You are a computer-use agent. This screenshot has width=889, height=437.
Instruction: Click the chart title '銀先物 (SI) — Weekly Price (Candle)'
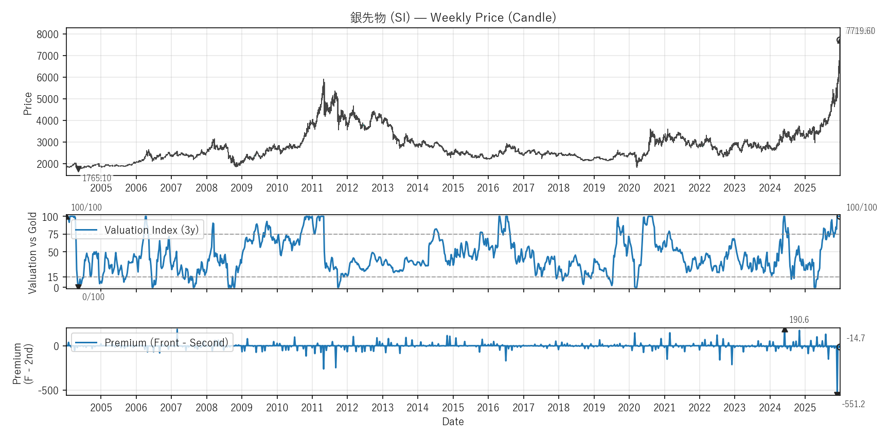tap(453, 18)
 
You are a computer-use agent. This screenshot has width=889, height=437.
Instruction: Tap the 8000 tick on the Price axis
tap(48, 34)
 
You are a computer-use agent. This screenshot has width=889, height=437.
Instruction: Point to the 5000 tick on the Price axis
tap(48, 99)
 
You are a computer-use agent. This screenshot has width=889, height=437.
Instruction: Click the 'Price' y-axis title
tap(28, 103)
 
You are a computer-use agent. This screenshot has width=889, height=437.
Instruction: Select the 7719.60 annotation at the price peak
tap(860, 31)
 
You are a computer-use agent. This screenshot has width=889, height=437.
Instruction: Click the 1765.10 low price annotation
tap(97, 178)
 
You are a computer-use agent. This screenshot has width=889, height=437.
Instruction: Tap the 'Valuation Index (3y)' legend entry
tap(151, 230)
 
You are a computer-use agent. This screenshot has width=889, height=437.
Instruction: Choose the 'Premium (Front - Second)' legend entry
tap(166, 343)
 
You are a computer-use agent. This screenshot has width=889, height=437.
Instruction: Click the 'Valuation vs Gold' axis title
tap(32, 253)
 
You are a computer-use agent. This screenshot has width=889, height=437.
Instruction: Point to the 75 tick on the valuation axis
tap(53, 235)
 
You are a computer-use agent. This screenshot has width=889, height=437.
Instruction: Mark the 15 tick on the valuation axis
tap(53, 277)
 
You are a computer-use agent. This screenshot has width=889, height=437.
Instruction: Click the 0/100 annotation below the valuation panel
tap(93, 297)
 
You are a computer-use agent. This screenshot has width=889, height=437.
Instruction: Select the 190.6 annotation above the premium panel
tap(799, 320)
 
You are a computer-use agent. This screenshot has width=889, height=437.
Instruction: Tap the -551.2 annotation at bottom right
tap(853, 404)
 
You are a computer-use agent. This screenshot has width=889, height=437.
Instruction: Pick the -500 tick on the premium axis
tap(48, 391)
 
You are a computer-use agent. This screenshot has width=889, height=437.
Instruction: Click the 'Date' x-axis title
tap(453, 422)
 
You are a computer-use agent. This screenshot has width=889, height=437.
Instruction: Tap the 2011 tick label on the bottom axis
tap(312, 408)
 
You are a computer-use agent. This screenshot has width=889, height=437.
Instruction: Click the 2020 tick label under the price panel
tap(629, 188)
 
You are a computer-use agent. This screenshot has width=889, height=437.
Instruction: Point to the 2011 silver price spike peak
tap(324, 80)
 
